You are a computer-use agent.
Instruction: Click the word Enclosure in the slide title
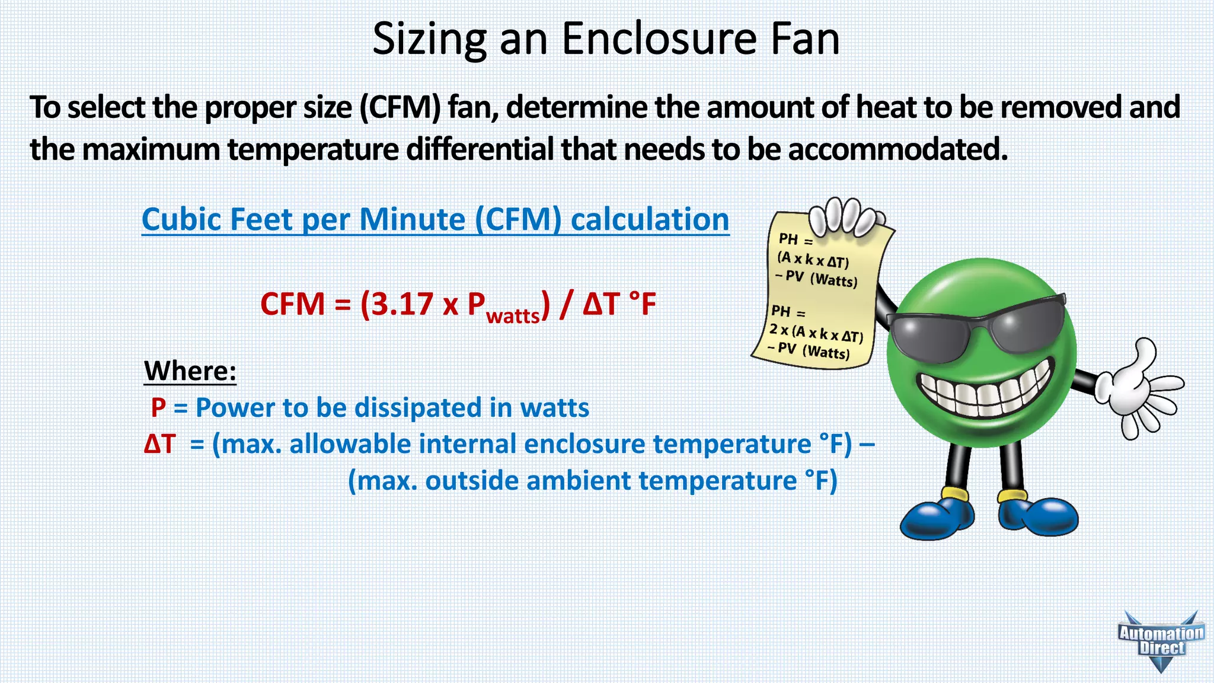tap(659, 39)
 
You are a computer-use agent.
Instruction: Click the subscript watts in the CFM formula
tap(513, 315)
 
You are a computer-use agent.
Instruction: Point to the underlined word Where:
tap(190, 371)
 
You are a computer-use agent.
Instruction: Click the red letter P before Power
tap(158, 408)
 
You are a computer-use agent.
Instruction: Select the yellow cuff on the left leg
tap(954, 493)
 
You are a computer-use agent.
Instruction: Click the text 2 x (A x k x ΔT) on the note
tap(816, 333)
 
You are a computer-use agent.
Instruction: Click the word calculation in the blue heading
tap(650, 220)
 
